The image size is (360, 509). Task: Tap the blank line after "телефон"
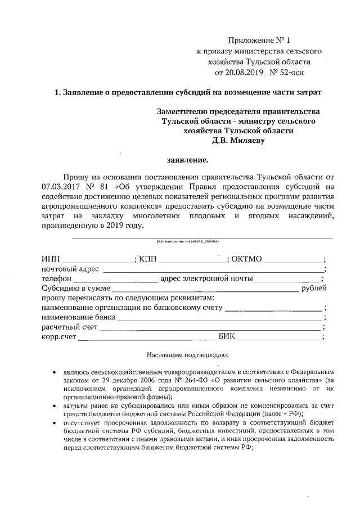pos(115,281)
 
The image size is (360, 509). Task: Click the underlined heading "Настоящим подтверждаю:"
pos(180,355)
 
